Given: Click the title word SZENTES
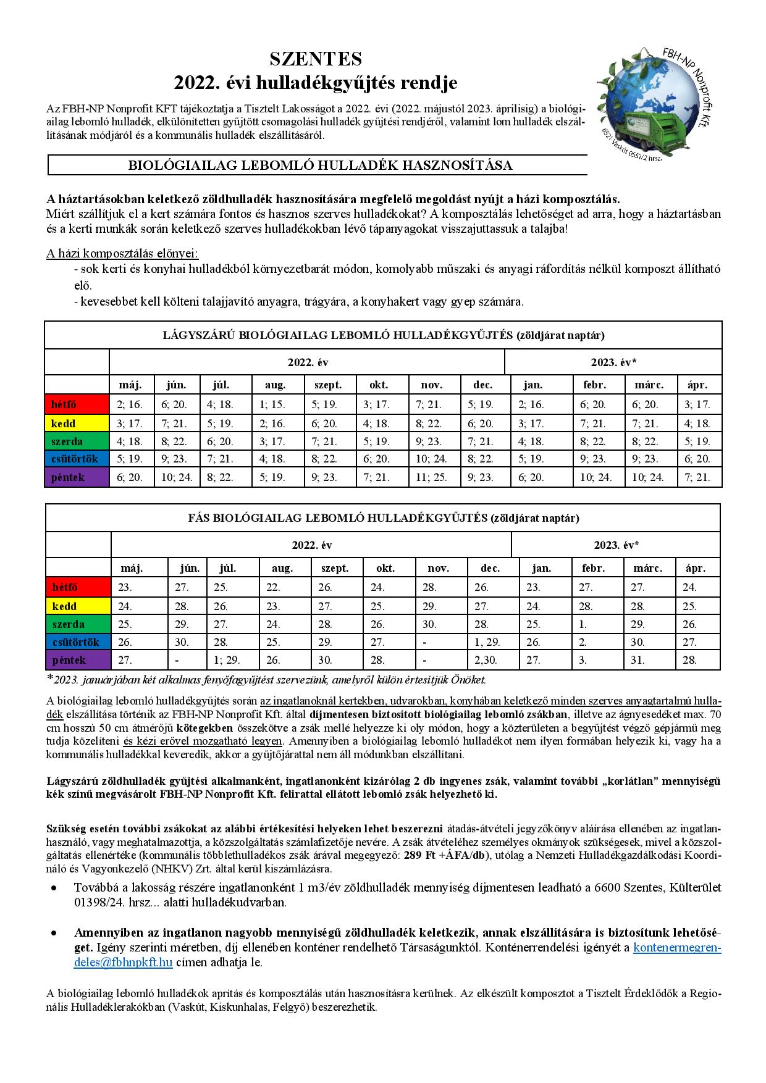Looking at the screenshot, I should [x=316, y=59].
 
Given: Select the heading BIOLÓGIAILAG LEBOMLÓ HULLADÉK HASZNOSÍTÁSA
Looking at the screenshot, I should [x=319, y=165].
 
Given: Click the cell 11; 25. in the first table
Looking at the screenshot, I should [x=432, y=477].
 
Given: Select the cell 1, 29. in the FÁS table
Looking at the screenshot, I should [x=488, y=642].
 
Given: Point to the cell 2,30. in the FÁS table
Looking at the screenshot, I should [x=487, y=659].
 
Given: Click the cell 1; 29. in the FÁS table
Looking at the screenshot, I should [x=227, y=659].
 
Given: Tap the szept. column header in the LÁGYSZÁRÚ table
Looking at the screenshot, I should [x=328, y=385].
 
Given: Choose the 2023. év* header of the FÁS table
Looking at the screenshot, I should [x=616, y=545].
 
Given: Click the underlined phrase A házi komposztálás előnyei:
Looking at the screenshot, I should [x=122, y=253].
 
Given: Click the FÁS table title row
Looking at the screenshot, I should [x=383, y=518].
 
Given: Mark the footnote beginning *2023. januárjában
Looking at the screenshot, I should [x=266, y=680].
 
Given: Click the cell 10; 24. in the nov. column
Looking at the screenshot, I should [x=432, y=459].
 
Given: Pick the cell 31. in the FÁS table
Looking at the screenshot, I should [x=638, y=659].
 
